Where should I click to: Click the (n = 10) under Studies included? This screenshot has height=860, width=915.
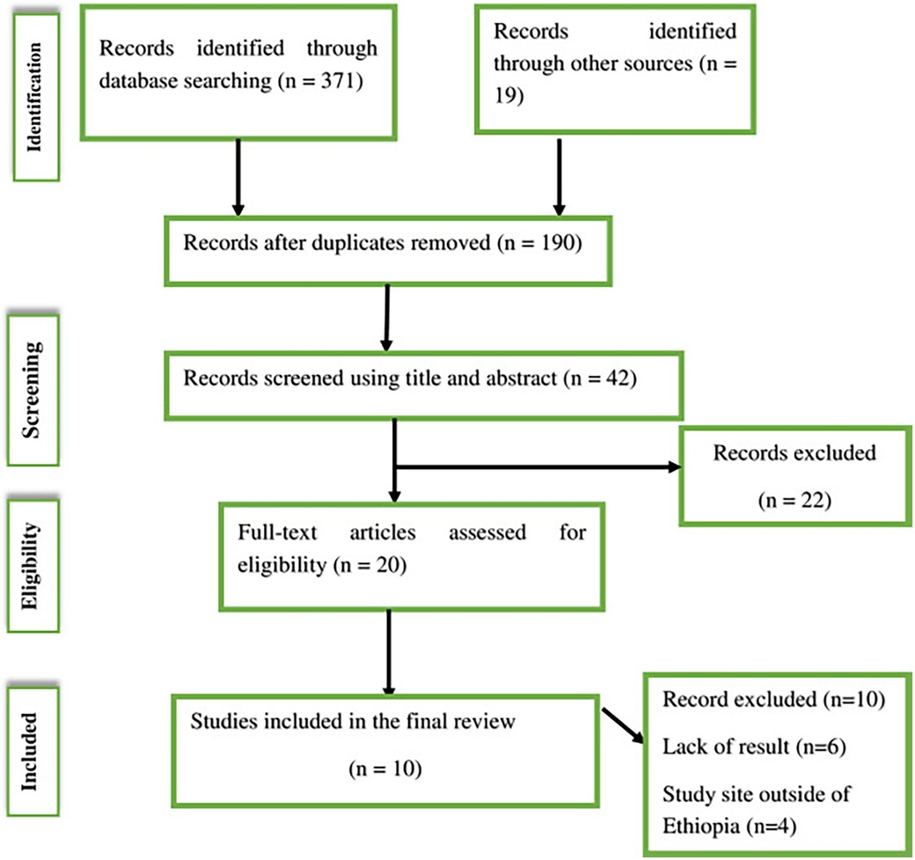[x=383, y=768]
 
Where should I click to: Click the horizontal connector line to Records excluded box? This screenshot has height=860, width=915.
[x=528, y=467]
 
